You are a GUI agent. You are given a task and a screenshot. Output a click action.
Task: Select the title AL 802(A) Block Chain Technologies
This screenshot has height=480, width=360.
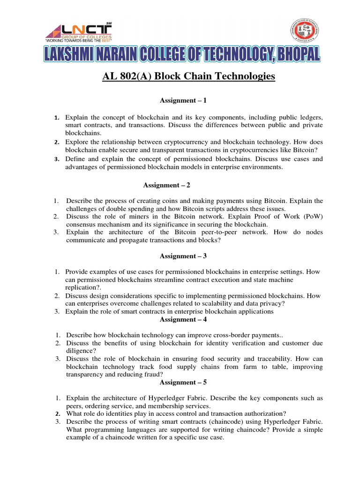pyautogui.click(x=188, y=76)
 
